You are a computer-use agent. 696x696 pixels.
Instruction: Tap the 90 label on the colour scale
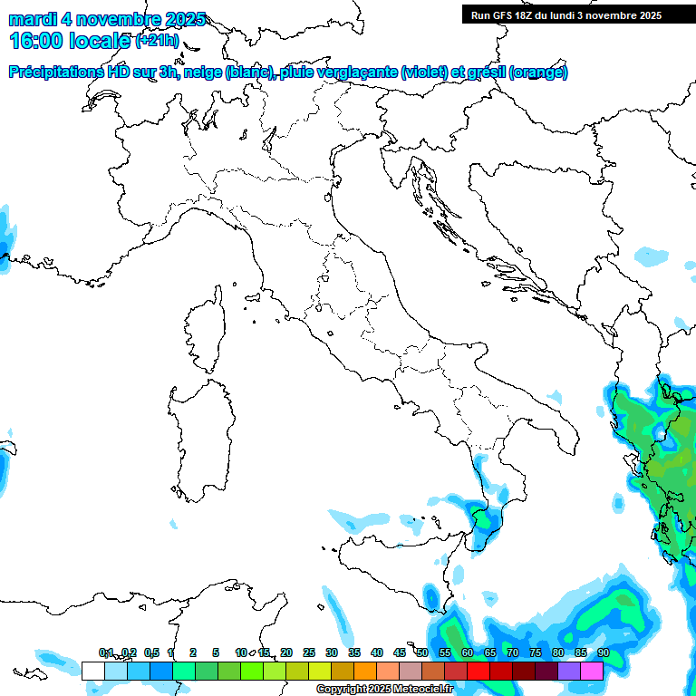pyautogui.click(x=603, y=652)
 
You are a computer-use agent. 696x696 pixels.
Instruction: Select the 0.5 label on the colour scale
pyautogui.click(x=151, y=652)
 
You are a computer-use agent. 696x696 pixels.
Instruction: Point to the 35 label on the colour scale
pyautogui.click(x=354, y=652)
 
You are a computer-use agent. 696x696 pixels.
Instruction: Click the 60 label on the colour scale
pyautogui.click(x=468, y=652)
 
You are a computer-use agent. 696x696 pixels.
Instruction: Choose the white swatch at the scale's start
pyautogui.click(x=92, y=671)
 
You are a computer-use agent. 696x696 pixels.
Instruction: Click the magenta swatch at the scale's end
pyautogui.click(x=592, y=671)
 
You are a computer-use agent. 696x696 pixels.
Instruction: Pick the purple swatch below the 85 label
pyautogui.click(x=569, y=671)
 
